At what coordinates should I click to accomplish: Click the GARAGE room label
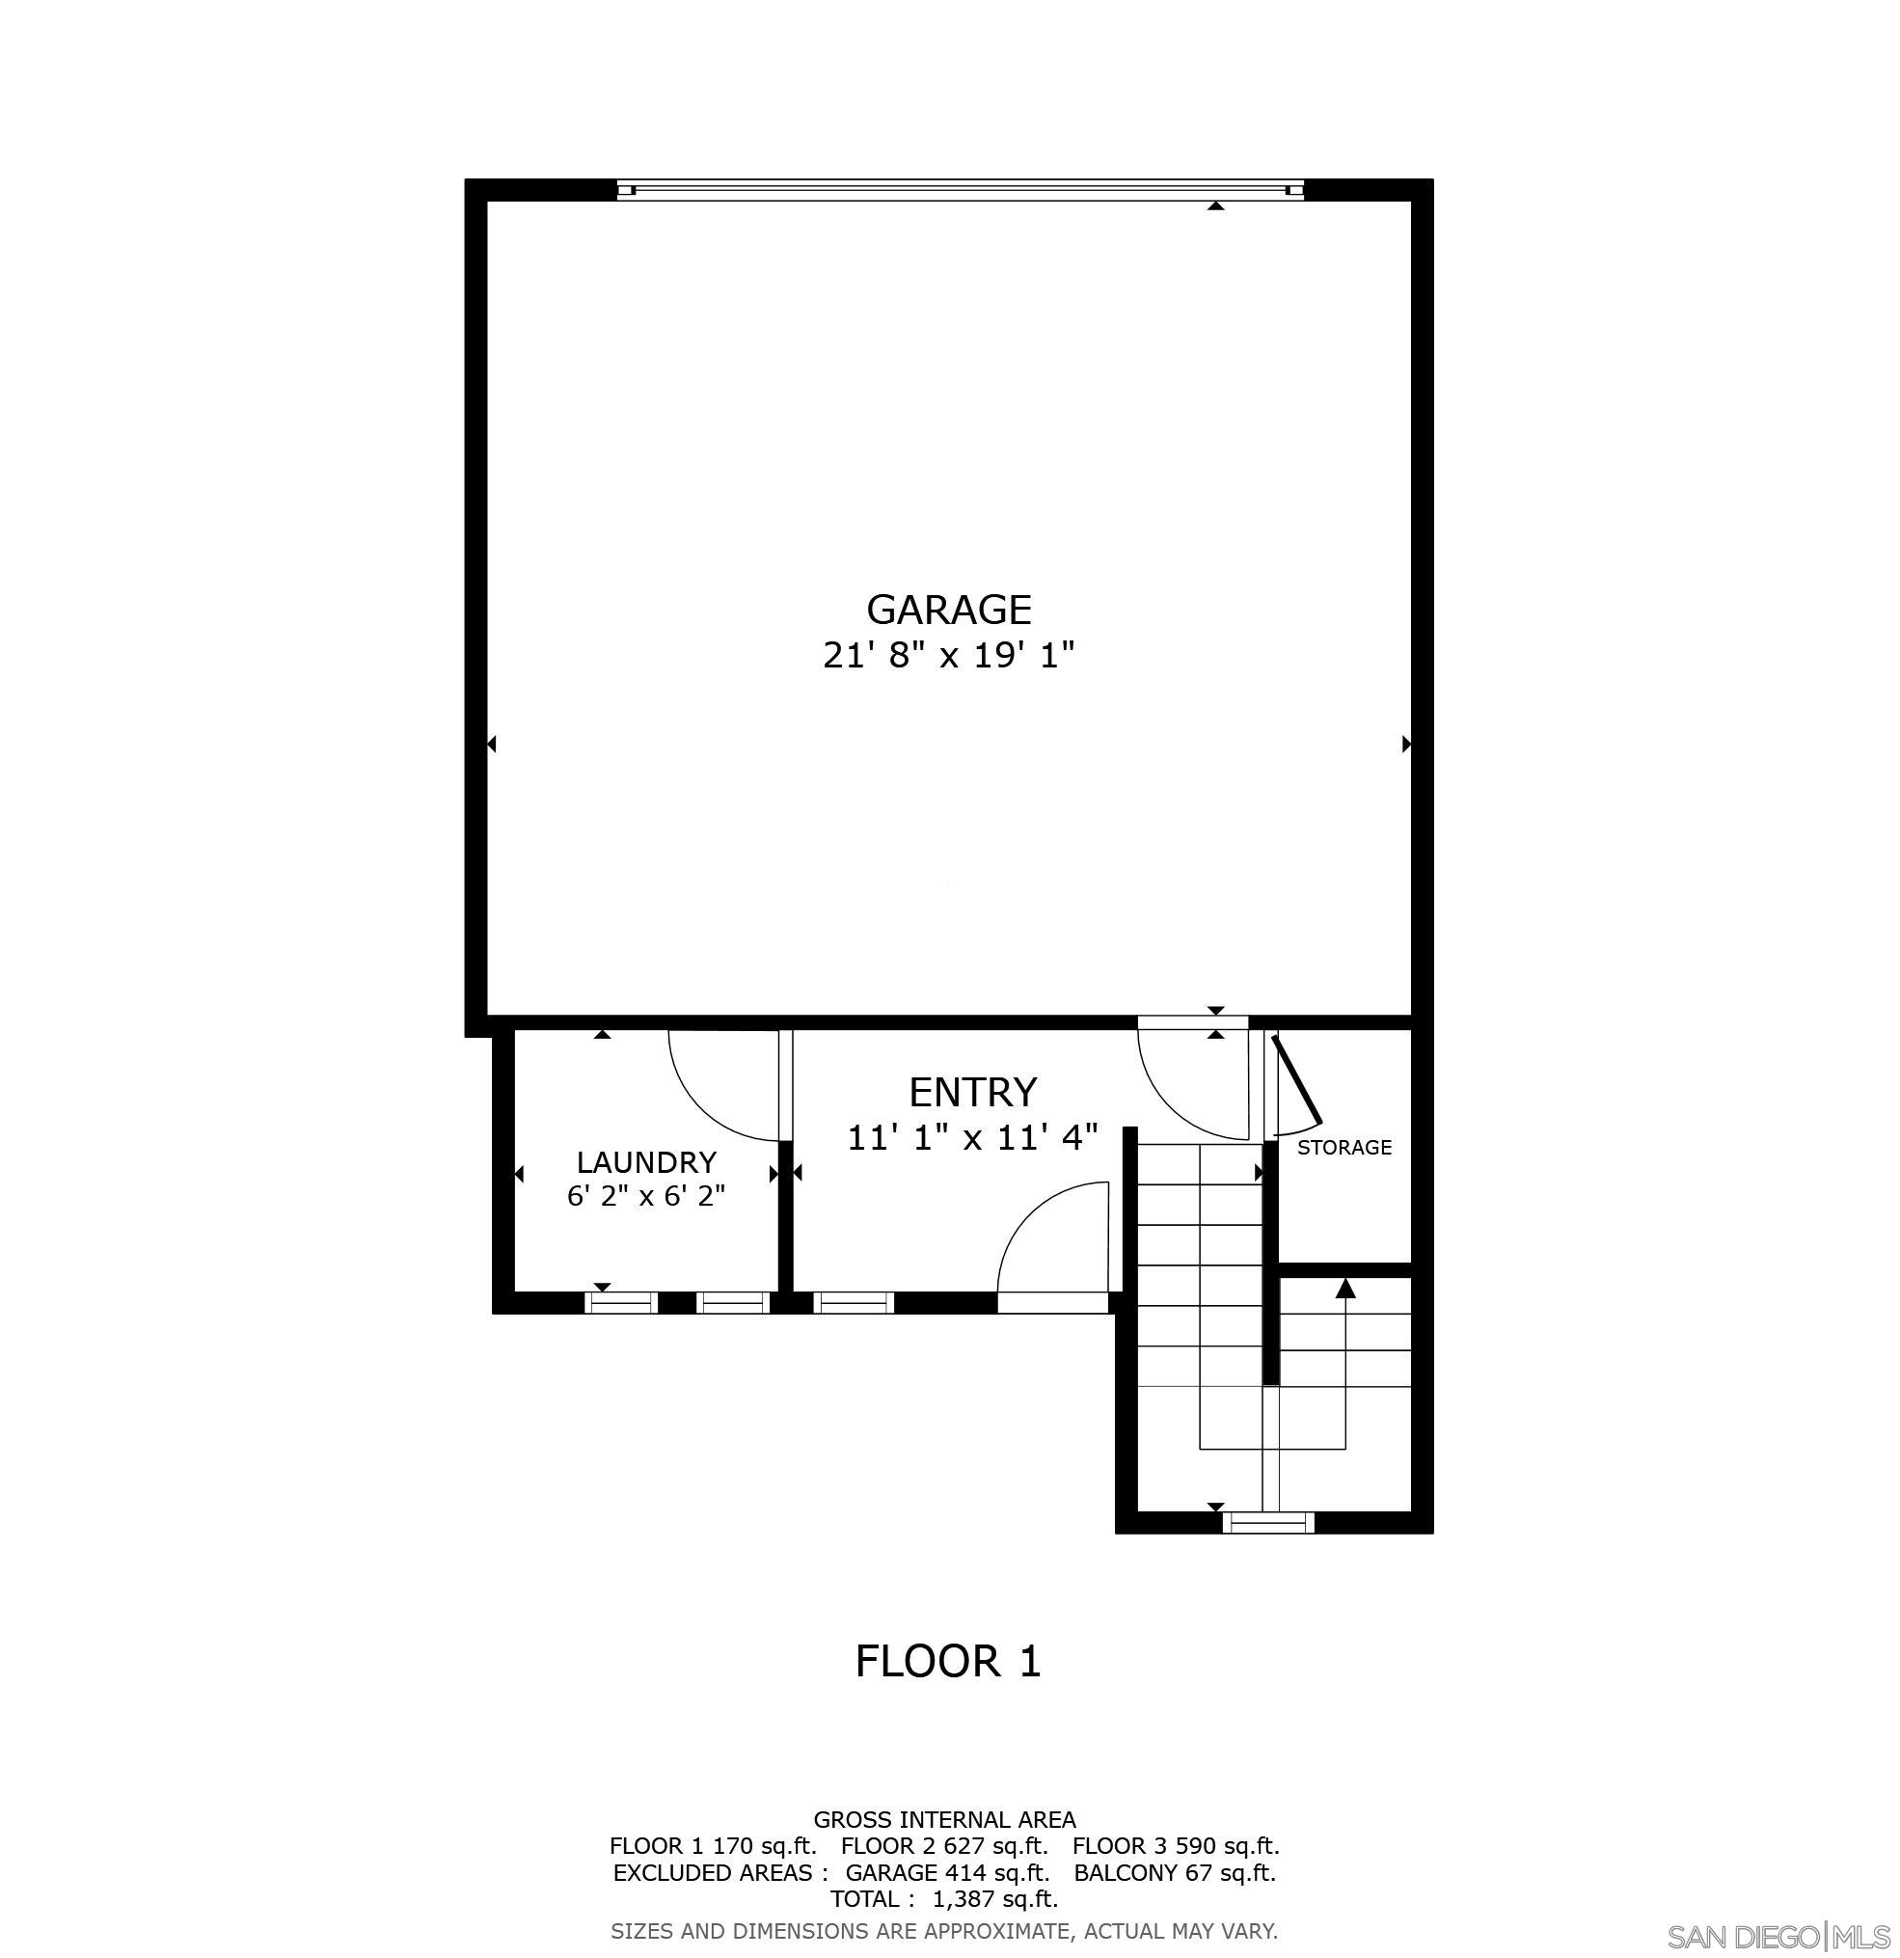[x=948, y=610]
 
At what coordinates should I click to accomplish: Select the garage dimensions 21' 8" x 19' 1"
[x=948, y=656]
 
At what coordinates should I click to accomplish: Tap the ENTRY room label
[x=972, y=1093]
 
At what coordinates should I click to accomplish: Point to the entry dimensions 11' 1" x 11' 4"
[x=972, y=1138]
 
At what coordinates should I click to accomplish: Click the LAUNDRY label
[x=646, y=1163]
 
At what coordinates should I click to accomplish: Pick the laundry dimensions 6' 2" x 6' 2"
[x=646, y=1196]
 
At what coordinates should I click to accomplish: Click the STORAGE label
[x=1344, y=1148]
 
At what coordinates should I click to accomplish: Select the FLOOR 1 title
[x=948, y=1661]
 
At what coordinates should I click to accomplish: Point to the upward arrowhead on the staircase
[x=1345, y=1290]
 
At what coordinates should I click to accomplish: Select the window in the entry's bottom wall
[x=855, y=1303]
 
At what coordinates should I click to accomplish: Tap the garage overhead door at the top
[x=959, y=190]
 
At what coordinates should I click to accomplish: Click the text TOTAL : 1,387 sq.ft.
[x=944, y=1899]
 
